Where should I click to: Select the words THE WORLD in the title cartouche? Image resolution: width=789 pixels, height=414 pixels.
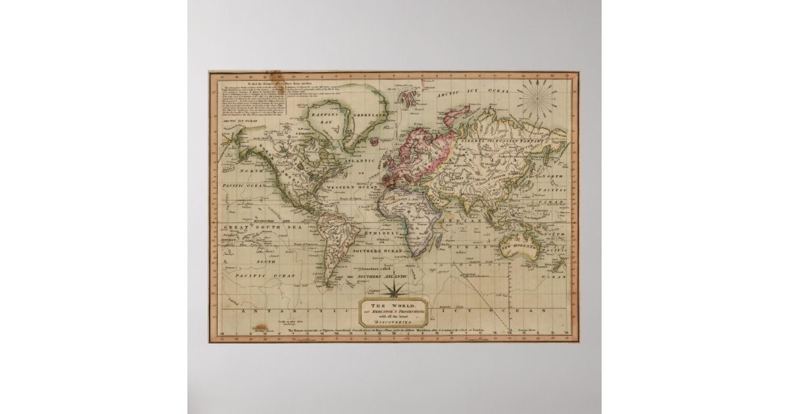[x=393, y=305]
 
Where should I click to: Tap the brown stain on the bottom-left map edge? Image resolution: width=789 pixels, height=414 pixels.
[x=262, y=328]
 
